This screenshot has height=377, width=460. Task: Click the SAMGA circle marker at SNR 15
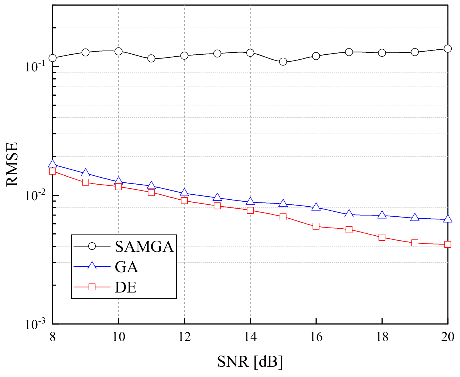pyautogui.click(x=283, y=62)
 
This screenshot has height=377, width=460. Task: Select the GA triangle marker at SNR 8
pyautogui.click(x=53, y=164)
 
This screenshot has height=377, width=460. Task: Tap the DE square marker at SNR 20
pyautogui.click(x=447, y=245)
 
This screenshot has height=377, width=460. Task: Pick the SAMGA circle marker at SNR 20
pyautogui.click(x=447, y=49)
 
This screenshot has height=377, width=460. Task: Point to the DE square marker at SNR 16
pyautogui.click(x=316, y=226)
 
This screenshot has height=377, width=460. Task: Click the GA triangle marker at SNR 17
pyautogui.click(x=349, y=214)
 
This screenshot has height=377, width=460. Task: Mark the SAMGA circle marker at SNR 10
pyautogui.click(x=119, y=51)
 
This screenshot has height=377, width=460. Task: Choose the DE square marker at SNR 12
pyautogui.click(x=184, y=200)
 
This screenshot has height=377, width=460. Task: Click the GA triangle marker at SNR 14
pyautogui.click(x=250, y=202)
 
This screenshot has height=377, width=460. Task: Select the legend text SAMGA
pyautogui.click(x=144, y=246)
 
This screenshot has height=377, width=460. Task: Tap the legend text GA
pyautogui.click(x=126, y=267)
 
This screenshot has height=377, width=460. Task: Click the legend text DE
pyautogui.click(x=126, y=287)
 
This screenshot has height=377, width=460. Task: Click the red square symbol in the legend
pyautogui.click(x=92, y=287)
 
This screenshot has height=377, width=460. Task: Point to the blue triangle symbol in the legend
pyautogui.click(x=92, y=266)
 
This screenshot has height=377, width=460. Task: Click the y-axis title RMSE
pyautogui.click(x=12, y=165)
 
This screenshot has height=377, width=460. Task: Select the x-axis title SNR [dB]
pyautogui.click(x=250, y=362)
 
